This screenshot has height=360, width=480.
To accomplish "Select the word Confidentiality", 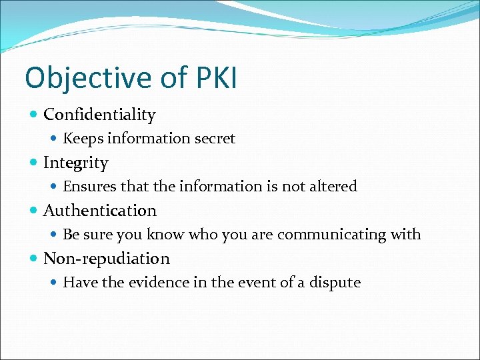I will tap(99, 115).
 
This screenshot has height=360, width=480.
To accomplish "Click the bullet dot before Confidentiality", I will tap(34, 115).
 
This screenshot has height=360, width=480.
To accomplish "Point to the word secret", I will tap(213, 139).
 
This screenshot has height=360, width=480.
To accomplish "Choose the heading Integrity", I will tap(75, 163).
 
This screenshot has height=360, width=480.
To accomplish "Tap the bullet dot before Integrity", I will tap(34, 163).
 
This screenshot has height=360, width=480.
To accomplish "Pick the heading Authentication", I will tap(100, 211).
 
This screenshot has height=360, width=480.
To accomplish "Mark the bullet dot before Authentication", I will tap(34, 211).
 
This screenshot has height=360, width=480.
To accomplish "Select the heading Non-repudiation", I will tap(107, 259).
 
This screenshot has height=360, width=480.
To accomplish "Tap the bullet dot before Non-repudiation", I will tap(34, 259).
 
